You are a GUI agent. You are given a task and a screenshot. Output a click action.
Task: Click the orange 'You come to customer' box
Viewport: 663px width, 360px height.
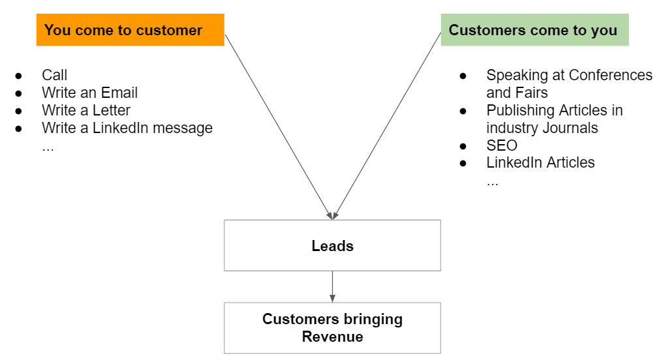131,29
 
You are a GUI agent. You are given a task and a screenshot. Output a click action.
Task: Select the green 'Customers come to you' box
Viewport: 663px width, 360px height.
535,29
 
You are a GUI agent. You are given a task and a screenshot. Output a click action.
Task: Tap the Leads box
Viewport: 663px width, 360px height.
332,245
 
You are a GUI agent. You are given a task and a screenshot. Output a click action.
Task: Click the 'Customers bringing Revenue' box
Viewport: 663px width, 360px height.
332,328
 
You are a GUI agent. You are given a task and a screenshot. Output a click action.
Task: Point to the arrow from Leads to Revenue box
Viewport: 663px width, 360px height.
332,286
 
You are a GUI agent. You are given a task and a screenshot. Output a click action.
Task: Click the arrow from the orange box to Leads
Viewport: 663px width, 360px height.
279,127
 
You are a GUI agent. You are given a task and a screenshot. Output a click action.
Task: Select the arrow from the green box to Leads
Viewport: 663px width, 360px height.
387,126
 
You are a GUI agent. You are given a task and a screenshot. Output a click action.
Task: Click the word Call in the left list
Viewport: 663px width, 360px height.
55,75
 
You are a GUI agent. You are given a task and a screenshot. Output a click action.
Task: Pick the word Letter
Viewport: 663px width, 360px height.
111,110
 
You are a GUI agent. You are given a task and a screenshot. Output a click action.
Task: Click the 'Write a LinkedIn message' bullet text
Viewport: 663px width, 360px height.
127,128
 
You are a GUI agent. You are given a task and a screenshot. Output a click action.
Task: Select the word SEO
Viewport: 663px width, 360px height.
502,145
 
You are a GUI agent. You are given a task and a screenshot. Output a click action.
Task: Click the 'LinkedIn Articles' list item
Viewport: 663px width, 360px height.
540,162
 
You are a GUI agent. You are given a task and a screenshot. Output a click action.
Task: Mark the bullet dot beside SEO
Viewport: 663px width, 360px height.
463,146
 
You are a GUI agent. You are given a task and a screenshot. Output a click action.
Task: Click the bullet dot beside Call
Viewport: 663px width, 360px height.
19,76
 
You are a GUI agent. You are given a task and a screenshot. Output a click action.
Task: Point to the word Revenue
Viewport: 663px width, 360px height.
332,337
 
